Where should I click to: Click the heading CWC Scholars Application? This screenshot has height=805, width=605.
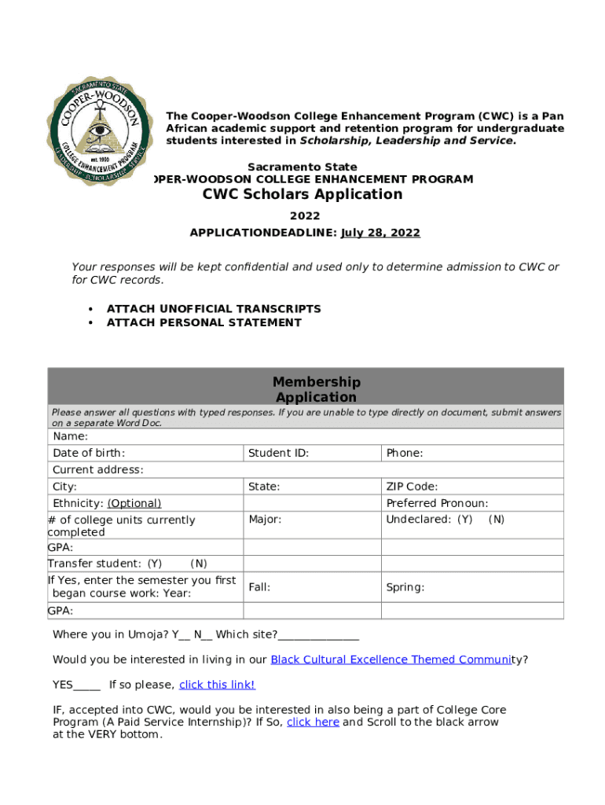point(302,195)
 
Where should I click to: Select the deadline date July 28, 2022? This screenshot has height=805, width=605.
point(380,233)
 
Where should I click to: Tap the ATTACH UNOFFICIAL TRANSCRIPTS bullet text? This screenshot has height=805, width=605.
point(214,309)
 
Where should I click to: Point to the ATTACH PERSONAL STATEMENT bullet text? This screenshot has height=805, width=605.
point(203,322)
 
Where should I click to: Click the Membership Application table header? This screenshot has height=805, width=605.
point(316,390)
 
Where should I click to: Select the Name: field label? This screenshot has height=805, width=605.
point(71,436)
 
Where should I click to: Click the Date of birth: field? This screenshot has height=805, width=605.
point(89,453)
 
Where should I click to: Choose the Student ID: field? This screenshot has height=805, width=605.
point(278,453)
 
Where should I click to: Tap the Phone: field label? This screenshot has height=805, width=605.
point(404,453)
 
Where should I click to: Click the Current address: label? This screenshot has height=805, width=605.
point(98,470)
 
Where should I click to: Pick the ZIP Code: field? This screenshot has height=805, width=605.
point(412,487)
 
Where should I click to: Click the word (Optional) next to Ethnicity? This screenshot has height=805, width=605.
point(134,503)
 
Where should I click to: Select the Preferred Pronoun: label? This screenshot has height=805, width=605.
point(437,503)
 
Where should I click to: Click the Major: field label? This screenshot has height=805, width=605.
point(265,520)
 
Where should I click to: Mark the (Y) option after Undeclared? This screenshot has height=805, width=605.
point(465,520)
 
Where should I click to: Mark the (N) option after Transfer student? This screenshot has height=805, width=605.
point(199,563)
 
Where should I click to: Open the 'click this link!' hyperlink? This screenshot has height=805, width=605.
point(217,685)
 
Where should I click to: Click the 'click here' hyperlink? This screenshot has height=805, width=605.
point(313,722)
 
